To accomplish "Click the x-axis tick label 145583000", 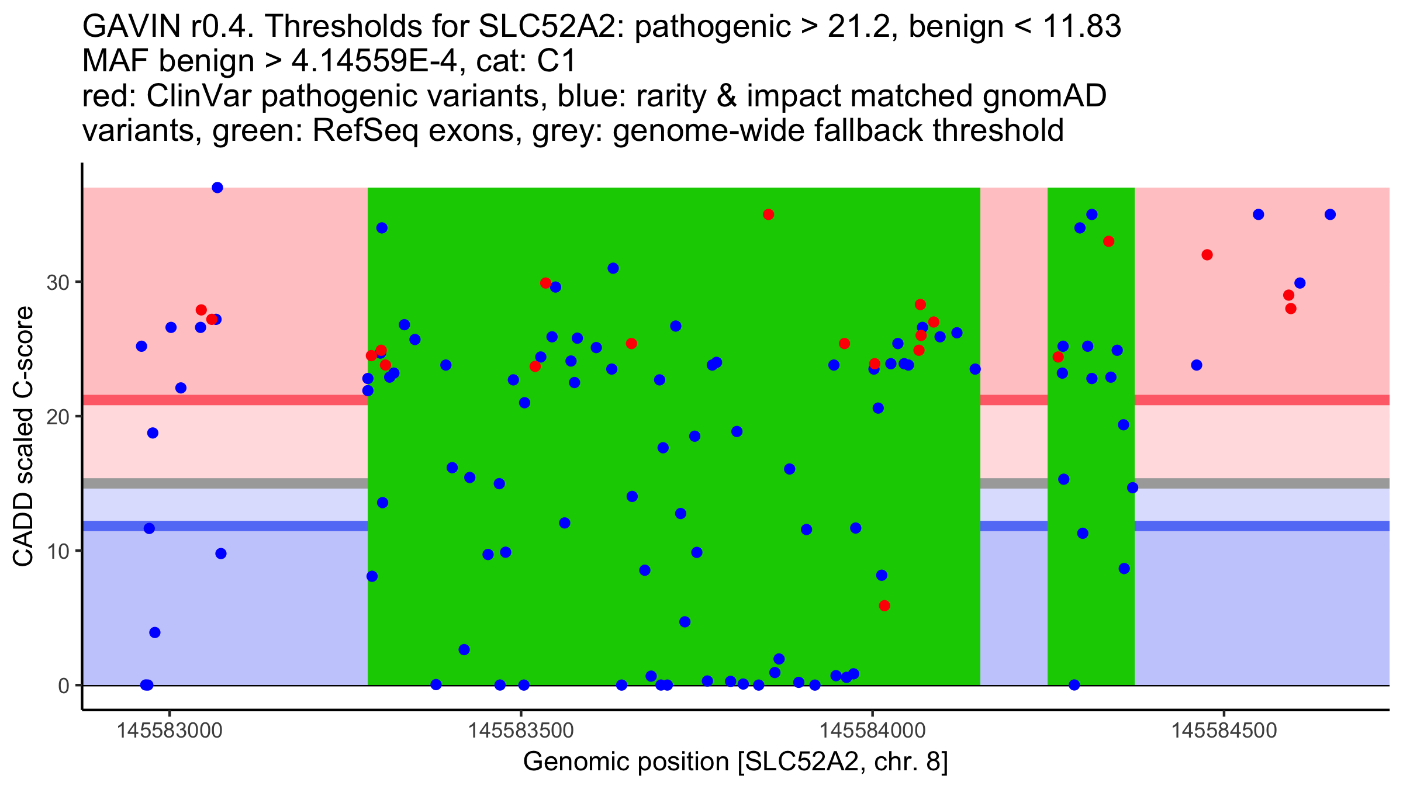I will pos(170,731).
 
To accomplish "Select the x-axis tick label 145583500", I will pos(521,731).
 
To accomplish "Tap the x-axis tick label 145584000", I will pos(873,731).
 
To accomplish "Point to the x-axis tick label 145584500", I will pos(1224,731).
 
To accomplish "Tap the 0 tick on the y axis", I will pos(64,686).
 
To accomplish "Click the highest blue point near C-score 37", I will pos(217,188).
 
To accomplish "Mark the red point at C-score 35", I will pos(768,214).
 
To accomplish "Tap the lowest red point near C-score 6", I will pos(884,605).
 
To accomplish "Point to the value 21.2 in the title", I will pos(860,26).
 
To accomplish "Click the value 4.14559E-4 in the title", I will pos(375,61).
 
